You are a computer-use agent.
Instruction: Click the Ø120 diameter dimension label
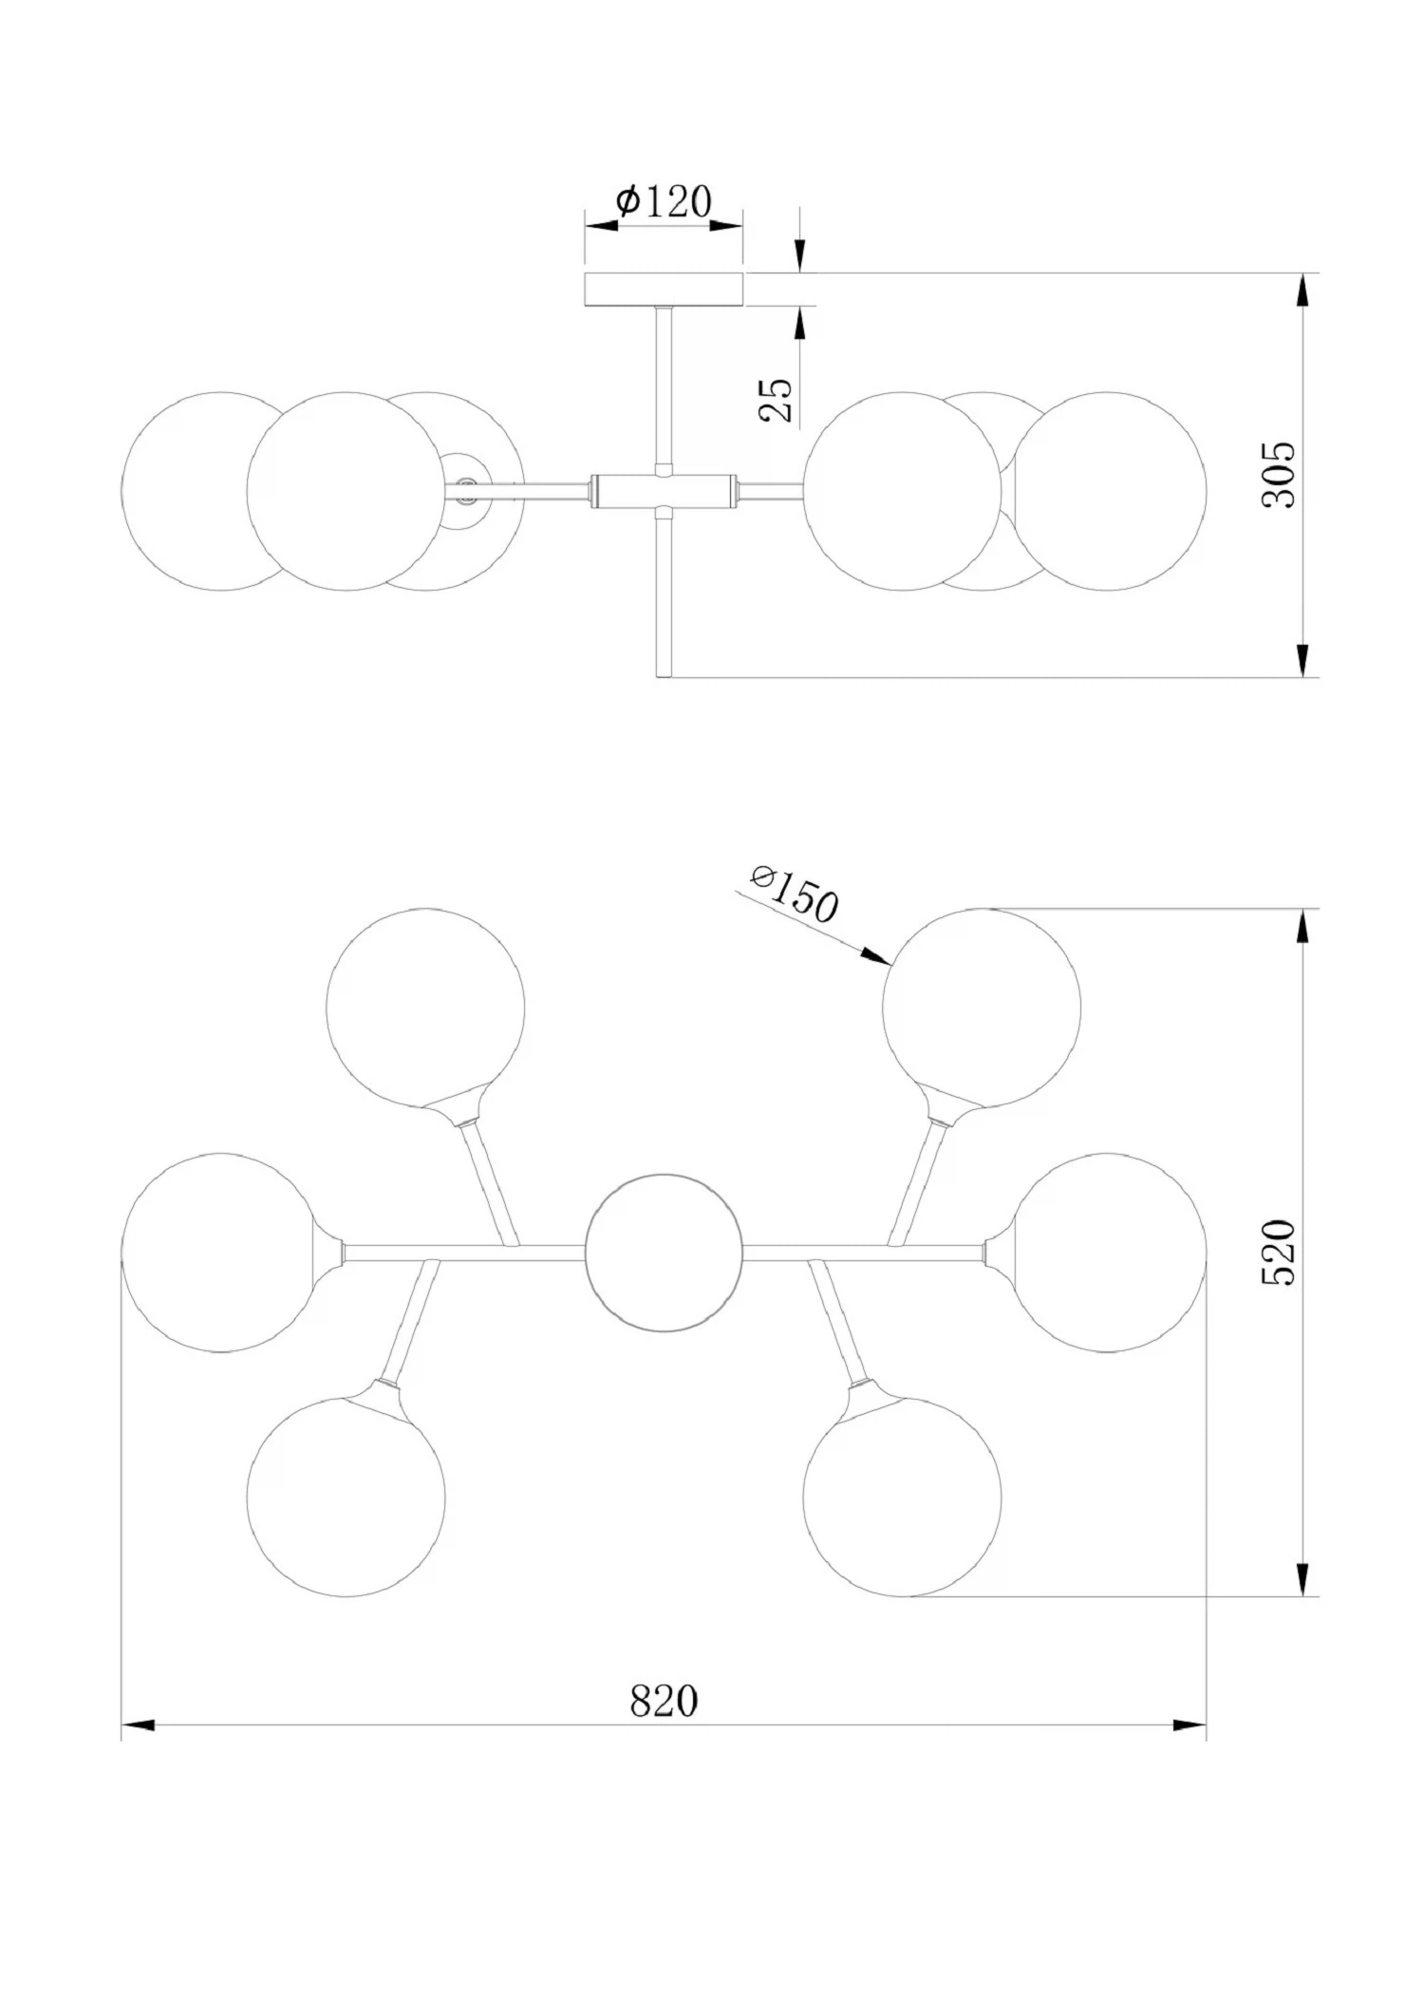664,201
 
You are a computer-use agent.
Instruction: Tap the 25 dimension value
777,400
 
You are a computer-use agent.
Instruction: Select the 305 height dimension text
1278,474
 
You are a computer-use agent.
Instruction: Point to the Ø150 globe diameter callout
794,895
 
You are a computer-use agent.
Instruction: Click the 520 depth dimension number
1278,1253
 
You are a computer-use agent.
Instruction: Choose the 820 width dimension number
664,1701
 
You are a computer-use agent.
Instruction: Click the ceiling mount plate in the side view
664,290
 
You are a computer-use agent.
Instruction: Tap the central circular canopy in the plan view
664,1253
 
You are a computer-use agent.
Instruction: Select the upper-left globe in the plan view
425,1008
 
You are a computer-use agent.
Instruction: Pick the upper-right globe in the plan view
982,1008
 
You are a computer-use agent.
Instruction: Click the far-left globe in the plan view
220,1253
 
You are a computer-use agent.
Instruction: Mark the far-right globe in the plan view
1107,1253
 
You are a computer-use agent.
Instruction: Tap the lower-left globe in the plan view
346,1497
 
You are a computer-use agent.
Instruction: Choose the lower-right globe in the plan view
902,1497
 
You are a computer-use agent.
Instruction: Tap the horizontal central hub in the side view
664,490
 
